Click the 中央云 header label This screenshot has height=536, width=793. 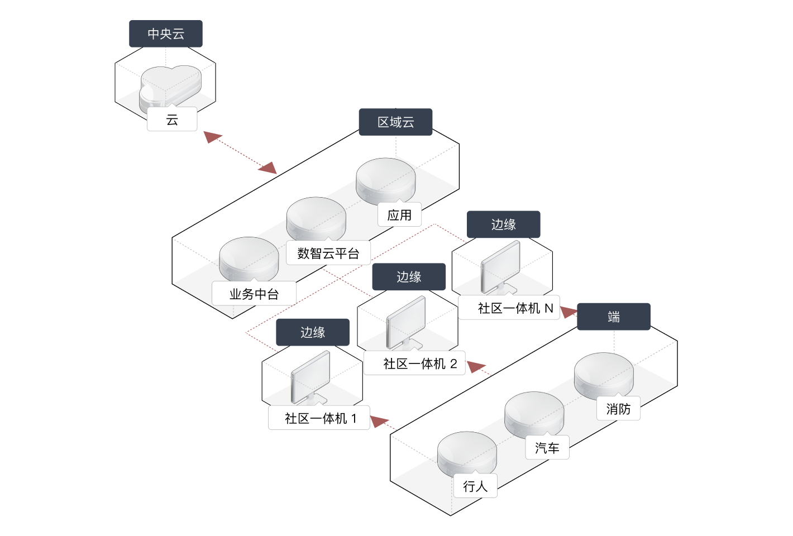pyautogui.click(x=166, y=34)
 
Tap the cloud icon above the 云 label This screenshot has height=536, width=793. pyautogui.click(x=170, y=87)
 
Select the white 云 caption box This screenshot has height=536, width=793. pyautogui.click(x=172, y=119)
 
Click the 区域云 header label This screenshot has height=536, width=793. pyautogui.click(x=395, y=122)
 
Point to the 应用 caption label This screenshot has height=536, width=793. pyautogui.click(x=399, y=215)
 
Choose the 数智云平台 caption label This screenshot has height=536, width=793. pyautogui.click(x=328, y=253)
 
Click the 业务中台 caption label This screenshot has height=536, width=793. pyautogui.click(x=254, y=294)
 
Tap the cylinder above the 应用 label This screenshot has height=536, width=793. pyautogui.click(x=385, y=179)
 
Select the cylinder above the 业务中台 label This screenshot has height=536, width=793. pyautogui.click(x=249, y=258)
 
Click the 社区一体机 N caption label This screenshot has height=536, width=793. pyautogui.click(x=509, y=308)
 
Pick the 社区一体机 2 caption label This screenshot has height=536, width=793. pyautogui.click(x=414, y=364)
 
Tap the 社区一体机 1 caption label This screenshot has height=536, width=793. pyautogui.click(x=319, y=418)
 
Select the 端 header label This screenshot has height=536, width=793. pyautogui.click(x=614, y=317)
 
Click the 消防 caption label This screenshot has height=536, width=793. pyautogui.click(x=618, y=409)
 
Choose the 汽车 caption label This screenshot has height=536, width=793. pyautogui.click(x=547, y=448)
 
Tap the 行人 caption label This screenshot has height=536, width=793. pyautogui.click(x=475, y=486)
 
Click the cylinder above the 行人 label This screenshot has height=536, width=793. pyautogui.click(x=467, y=452)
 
